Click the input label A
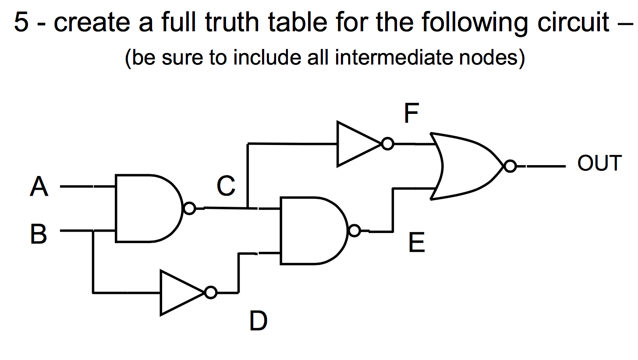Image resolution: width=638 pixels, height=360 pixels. (x=39, y=187)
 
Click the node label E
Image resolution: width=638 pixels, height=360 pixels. (x=416, y=243)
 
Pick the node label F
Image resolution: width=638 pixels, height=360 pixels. (x=411, y=115)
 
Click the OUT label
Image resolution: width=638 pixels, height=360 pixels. (x=599, y=163)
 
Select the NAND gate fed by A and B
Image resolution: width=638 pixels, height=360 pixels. (x=147, y=208)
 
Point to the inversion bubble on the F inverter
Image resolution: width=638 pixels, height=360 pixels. (x=387, y=144)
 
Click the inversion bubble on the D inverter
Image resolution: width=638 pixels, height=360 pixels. (x=211, y=293)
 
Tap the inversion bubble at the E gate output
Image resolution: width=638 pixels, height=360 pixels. (x=354, y=231)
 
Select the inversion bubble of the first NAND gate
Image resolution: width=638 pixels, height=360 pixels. (x=189, y=208)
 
